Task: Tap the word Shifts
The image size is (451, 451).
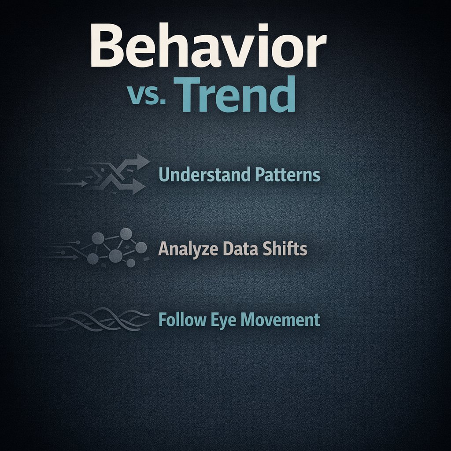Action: (284, 249)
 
